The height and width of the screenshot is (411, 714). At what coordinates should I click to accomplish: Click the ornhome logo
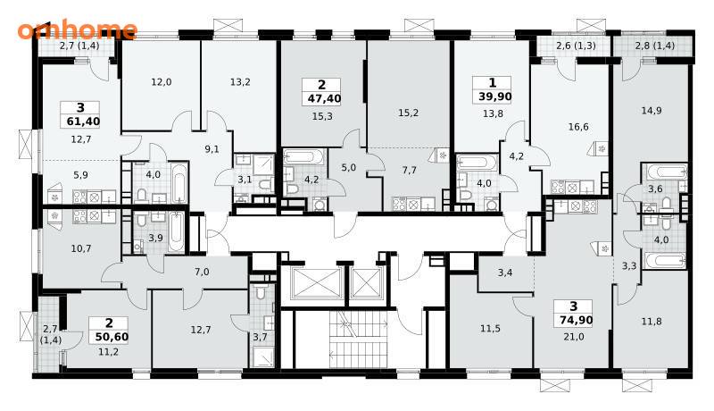point(78,29)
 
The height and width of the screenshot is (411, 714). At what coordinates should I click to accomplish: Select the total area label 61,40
point(80,122)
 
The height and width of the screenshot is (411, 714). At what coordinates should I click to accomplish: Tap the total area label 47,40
point(322,99)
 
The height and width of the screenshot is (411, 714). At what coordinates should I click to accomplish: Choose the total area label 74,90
point(574,321)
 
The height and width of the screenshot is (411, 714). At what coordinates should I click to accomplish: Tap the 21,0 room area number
point(573,337)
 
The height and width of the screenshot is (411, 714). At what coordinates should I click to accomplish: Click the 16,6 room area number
point(578,127)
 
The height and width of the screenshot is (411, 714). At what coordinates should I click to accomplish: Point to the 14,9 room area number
point(652,111)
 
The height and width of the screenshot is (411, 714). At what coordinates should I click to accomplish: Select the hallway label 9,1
point(212,149)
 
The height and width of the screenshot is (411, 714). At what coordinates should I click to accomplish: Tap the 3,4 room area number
point(505,273)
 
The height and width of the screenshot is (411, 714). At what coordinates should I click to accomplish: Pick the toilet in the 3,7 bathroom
point(260,291)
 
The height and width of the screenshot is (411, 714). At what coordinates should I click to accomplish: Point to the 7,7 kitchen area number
point(410,171)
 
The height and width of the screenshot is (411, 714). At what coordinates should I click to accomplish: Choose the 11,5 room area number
point(490,329)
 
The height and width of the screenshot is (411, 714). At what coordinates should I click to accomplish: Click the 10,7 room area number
point(81,248)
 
